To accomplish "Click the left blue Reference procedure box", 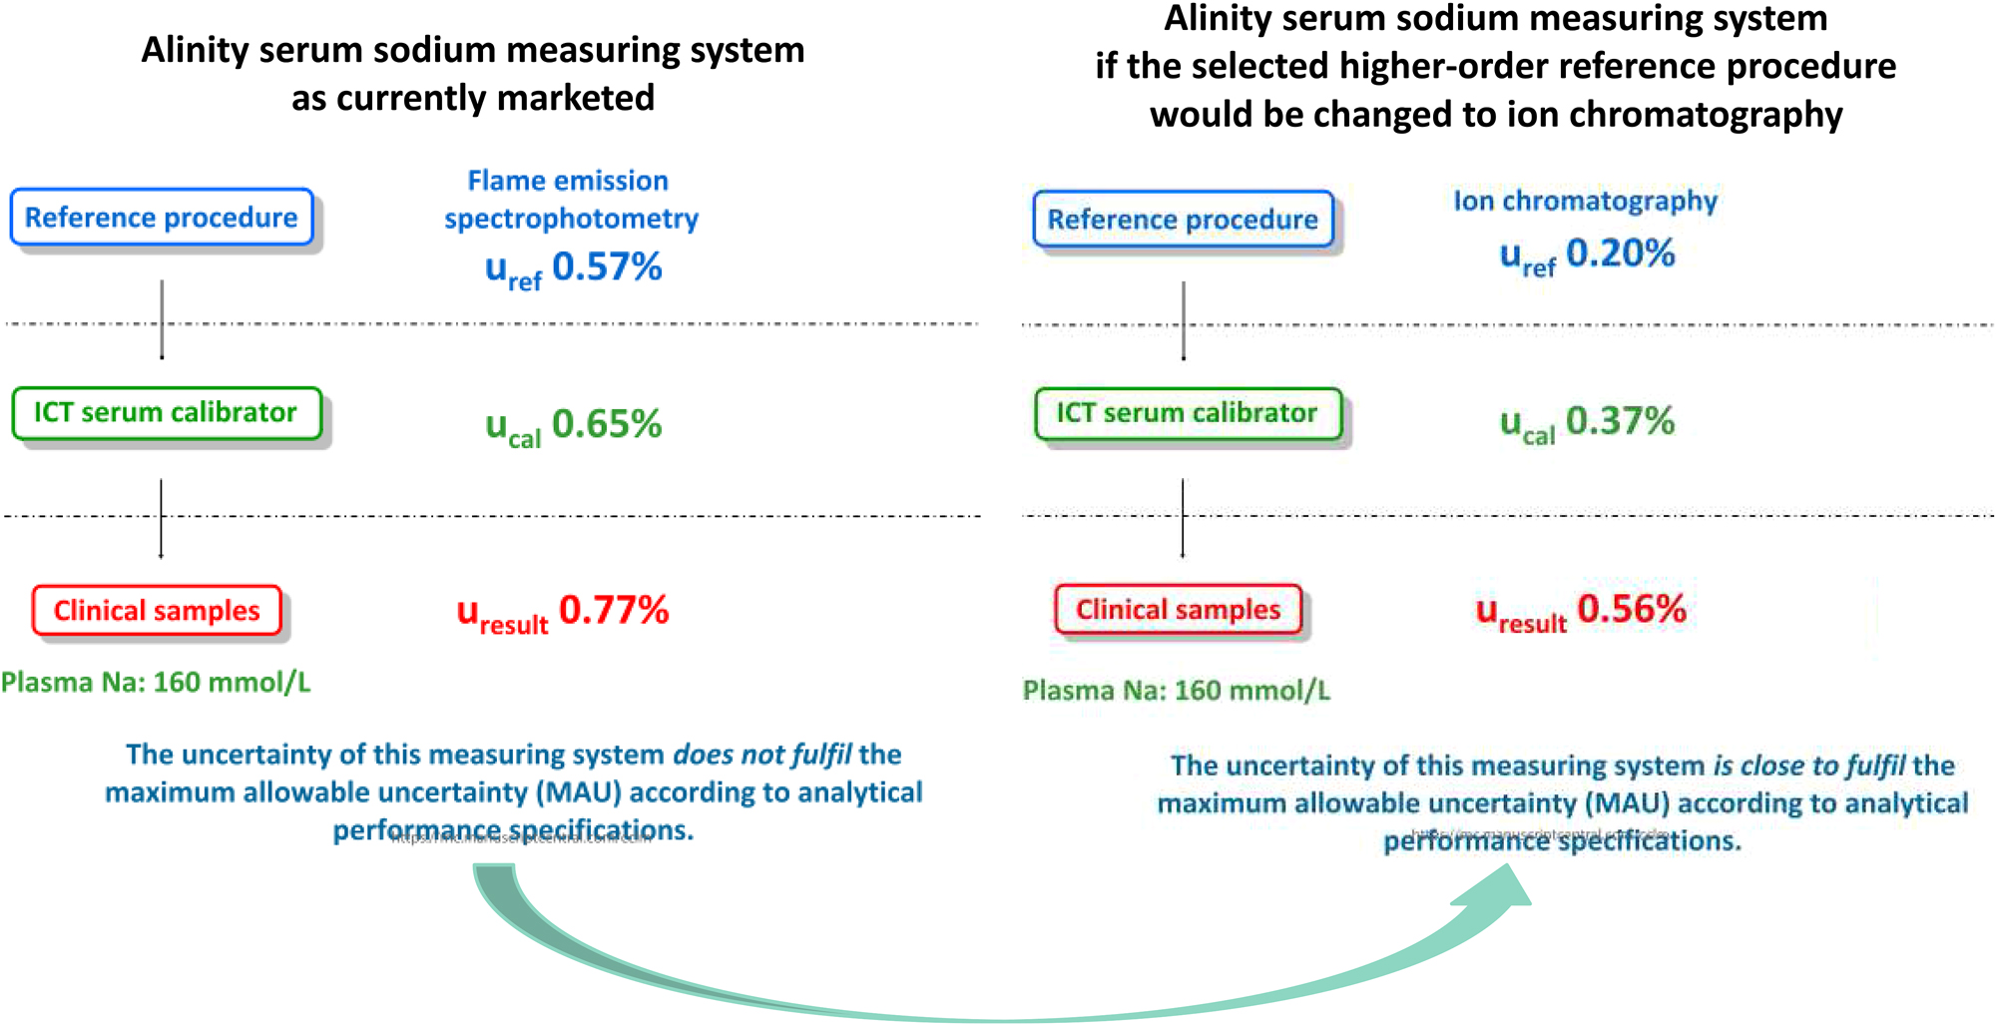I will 162,218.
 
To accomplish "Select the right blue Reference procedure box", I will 1183,220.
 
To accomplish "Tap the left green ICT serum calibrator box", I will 166,413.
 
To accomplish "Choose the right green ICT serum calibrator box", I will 1187,414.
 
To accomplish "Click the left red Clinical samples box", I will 157,611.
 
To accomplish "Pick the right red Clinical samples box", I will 1178,610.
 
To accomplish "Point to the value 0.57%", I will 607,267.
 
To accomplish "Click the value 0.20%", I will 1620,254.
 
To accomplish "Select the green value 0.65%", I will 607,424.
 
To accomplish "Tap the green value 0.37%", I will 1620,421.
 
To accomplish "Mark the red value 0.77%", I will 613,610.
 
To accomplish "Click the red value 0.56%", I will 1631,609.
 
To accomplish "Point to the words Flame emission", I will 568,181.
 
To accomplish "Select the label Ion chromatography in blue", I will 1585,201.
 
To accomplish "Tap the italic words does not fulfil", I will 762,755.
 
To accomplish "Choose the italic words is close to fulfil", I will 1809,766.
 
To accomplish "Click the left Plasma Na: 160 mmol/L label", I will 156,683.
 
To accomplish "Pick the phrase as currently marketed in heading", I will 473,98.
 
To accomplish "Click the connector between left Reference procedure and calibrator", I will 162,319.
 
